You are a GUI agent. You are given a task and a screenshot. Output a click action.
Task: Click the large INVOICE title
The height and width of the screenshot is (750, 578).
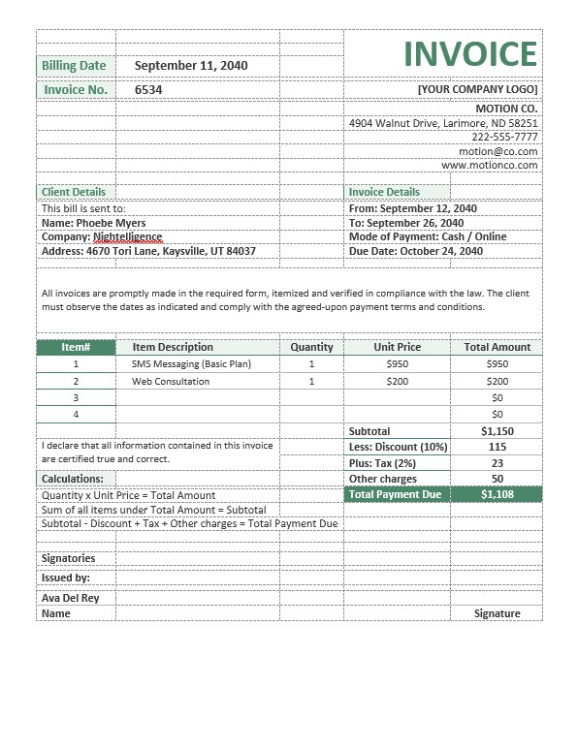[469, 54]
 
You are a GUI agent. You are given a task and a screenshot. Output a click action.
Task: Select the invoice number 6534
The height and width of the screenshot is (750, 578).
[148, 90]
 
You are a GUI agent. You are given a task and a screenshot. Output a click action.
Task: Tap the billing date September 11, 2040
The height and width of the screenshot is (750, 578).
[191, 66]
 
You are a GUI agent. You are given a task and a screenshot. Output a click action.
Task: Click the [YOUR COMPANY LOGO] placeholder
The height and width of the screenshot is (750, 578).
[477, 90]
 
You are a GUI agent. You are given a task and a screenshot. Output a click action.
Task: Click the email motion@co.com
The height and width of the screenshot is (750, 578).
[498, 151]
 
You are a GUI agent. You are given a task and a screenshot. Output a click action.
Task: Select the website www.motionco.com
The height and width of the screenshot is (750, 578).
[490, 166]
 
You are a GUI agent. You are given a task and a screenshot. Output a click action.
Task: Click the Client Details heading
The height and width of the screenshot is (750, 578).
[74, 192]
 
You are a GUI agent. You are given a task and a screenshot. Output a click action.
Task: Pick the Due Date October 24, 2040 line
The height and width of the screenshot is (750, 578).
[415, 251]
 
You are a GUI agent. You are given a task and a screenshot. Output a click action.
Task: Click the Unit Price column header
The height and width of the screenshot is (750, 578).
[398, 347]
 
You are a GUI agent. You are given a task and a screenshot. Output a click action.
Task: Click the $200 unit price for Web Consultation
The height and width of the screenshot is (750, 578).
[398, 382]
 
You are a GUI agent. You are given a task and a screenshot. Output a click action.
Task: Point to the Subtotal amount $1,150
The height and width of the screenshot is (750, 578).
[498, 431]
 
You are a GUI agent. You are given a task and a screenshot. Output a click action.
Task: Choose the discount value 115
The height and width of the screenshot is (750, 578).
[498, 447]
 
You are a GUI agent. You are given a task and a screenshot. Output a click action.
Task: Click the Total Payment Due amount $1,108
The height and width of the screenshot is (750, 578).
[498, 494]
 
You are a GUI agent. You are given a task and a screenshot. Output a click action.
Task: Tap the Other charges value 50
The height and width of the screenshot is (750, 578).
[498, 479]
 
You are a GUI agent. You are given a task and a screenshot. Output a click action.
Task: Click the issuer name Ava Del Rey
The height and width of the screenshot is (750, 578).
[71, 598]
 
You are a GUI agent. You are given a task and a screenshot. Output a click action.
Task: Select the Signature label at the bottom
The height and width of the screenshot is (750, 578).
[498, 613]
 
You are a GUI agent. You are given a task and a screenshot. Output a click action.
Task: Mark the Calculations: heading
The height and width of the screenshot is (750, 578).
[73, 479]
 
